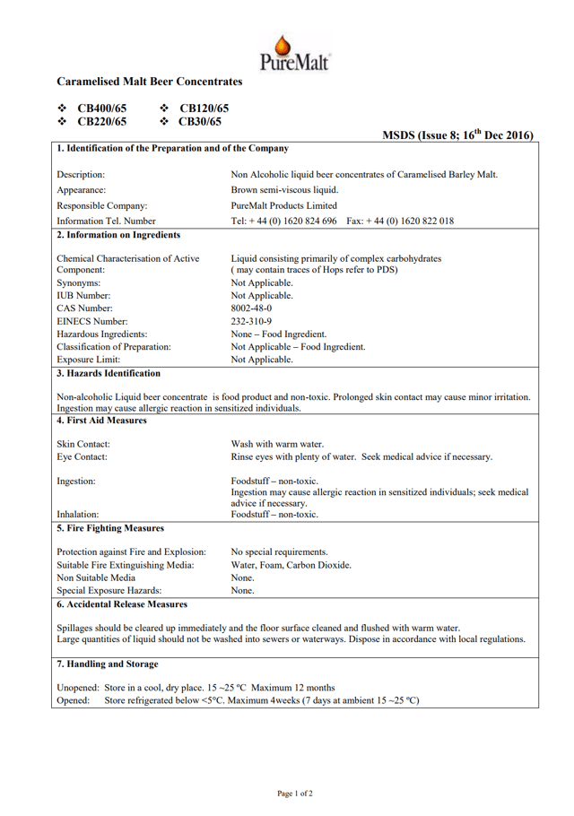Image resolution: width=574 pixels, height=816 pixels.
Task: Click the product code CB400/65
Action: click(x=102, y=108)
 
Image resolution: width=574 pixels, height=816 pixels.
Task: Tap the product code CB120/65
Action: click(x=204, y=108)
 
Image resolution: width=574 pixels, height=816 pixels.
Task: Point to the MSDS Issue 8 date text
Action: click(x=458, y=135)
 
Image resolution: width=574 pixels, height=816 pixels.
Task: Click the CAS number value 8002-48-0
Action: click(x=253, y=308)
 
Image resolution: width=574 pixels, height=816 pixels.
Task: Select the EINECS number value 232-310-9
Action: click(x=252, y=321)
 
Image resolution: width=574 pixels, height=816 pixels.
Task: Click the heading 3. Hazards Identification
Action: click(x=109, y=373)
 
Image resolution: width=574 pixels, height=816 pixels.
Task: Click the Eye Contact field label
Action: click(x=83, y=457)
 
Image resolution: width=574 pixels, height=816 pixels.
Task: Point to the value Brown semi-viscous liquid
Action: click(x=284, y=190)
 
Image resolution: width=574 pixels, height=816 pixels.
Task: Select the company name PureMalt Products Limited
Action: click(x=284, y=205)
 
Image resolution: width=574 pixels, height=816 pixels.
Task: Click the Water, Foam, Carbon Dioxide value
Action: click(x=291, y=565)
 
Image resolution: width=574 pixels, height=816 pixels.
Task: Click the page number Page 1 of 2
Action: click(x=295, y=794)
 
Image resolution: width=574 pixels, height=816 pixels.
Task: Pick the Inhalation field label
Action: click(x=78, y=515)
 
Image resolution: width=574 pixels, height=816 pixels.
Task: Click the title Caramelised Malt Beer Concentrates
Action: click(x=150, y=82)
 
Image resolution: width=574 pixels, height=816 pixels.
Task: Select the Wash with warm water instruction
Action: click(x=277, y=444)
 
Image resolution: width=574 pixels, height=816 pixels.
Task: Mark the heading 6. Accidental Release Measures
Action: click(x=122, y=603)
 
